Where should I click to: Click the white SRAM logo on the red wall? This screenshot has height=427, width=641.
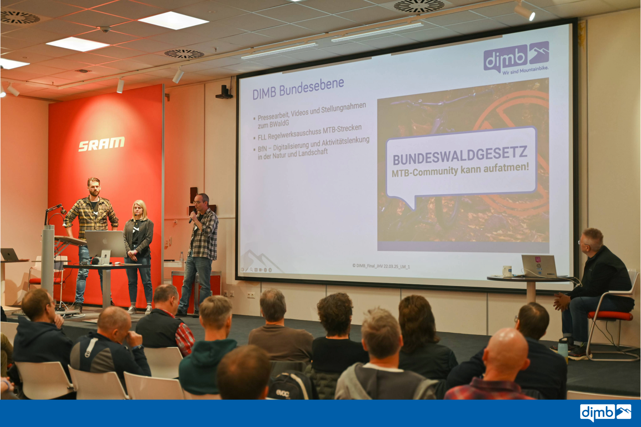click(101, 144)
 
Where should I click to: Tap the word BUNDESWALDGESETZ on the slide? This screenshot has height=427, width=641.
click(460, 155)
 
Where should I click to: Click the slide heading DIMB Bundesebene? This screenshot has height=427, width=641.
click(298, 89)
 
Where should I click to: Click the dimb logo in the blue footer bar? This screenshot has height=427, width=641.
click(605, 413)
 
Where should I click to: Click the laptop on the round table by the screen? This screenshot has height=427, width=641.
click(539, 266)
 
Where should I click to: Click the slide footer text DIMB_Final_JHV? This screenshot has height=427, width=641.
click(381, 266)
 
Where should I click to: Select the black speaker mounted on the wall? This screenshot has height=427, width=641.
click(224, 92)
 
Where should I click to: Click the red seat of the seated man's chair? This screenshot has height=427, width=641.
click(610, 316)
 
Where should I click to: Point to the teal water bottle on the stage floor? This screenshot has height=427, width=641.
click(563, 348)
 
